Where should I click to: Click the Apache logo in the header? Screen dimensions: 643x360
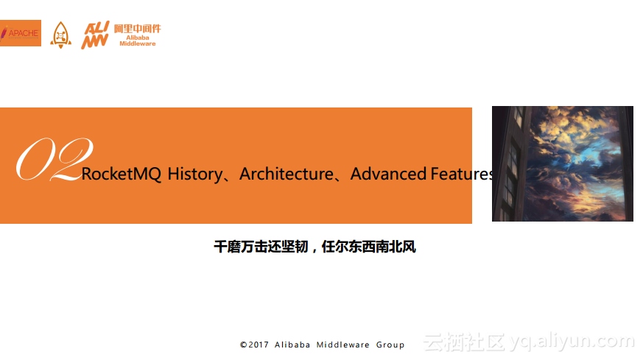pos(21,33)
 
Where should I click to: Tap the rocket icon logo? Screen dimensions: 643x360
pos(60,35)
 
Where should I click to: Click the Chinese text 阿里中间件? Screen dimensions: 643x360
pos(138,29)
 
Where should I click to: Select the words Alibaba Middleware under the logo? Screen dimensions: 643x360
pos(138,40)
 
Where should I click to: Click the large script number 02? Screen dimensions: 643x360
pos(55,159)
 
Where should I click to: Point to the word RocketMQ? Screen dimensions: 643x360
pos(122,174)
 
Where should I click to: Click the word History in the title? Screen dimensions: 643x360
pos(195,174)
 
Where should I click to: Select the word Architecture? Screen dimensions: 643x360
pos(287,174)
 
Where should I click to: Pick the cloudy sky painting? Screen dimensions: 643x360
pos(563,163)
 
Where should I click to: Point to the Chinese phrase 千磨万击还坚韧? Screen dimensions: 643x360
pos(261,247)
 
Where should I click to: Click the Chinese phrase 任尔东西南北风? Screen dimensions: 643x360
pos(369,247)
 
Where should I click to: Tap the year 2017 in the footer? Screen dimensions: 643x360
pos(259,345)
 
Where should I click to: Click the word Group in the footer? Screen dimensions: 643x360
pos(390,345)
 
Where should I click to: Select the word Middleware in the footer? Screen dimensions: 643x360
pos(342,345)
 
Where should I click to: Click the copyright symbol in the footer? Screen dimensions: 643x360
pos(244,345)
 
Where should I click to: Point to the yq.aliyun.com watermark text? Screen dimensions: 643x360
pos(572,341)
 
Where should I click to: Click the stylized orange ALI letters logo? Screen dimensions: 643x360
pos(95,35)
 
